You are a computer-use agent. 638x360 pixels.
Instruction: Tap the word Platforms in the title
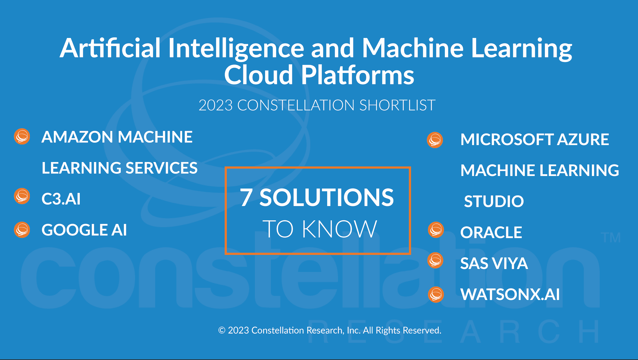click(358, 75)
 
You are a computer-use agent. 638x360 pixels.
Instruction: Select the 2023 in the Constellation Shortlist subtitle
click(216, 105)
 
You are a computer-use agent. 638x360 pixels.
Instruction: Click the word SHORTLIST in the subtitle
click(397, 105)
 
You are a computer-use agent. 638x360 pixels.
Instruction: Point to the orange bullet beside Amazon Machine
click(22, 136)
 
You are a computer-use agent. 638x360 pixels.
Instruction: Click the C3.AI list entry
click(61, 199)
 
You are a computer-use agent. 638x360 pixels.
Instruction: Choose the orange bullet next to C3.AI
click(22, 196)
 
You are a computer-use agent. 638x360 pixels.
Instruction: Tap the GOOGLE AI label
click(84, 230)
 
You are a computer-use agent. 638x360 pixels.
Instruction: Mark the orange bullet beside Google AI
click(22, 230)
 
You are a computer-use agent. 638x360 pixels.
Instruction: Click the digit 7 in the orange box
click(246, 197)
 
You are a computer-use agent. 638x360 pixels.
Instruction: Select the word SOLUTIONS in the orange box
click(326, 197)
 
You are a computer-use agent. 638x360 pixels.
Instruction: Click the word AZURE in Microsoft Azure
click(583, 139)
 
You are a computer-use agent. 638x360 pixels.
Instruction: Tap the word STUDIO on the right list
click(494, 201)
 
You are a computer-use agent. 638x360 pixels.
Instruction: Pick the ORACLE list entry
click(491, 232)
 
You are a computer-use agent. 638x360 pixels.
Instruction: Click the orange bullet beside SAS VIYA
click(435, 260)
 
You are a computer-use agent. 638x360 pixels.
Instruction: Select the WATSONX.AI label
click(510, 294)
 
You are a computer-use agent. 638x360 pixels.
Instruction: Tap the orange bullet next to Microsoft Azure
click(435, 140)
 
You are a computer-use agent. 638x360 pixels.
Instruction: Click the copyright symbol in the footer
click(222, 330)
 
